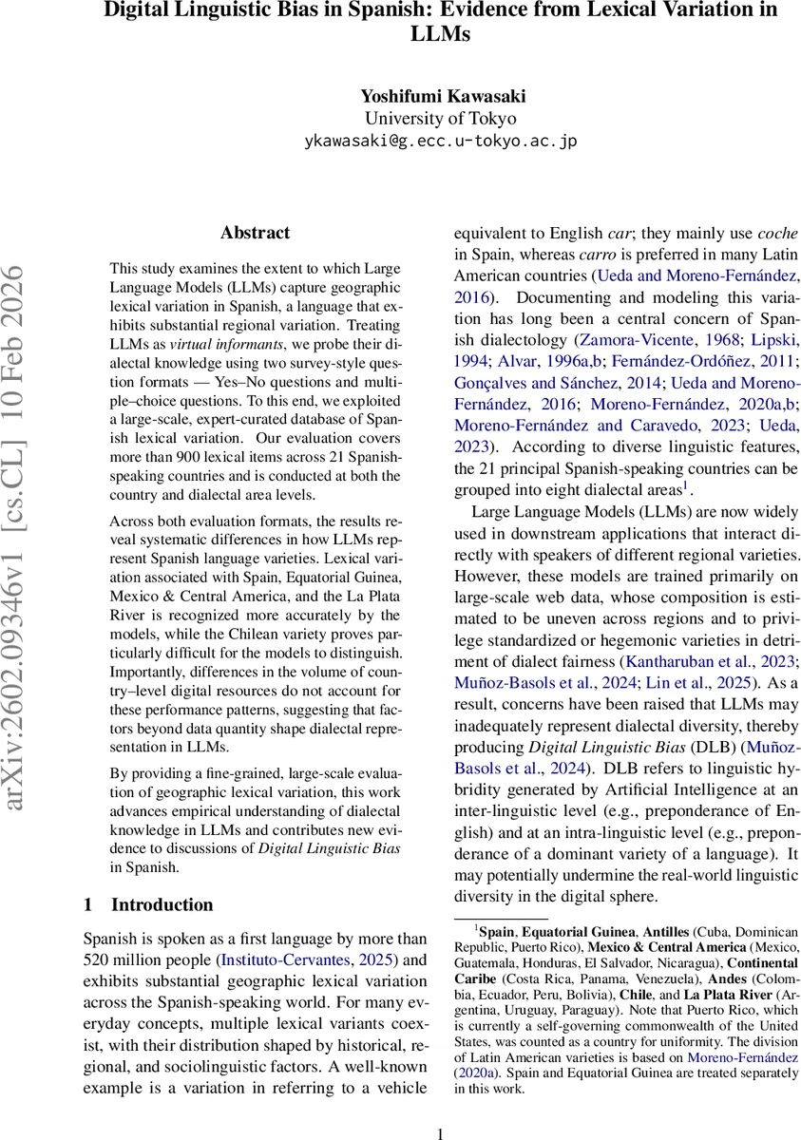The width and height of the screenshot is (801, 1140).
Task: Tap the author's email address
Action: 440,141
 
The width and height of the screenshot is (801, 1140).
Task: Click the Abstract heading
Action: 255,232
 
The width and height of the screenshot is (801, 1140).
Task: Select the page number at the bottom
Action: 440,1132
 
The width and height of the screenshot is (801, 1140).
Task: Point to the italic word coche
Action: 778,233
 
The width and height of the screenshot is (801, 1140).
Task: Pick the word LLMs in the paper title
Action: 440,33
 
